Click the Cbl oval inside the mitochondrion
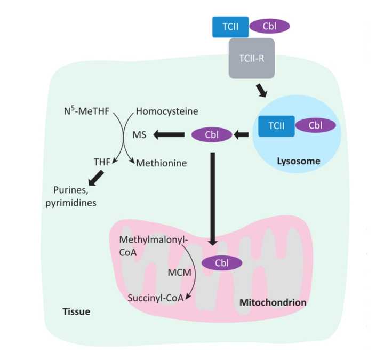click(x=221, y=263)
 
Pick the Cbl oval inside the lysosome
click(x=315, y=126)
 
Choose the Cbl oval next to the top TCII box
click(x=269, y=26)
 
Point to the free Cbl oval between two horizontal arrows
click(x=211, y=135)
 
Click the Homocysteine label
click(x=167, y=111)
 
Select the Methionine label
click(x=161, y=163)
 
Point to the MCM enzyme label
click(x=179, y=273)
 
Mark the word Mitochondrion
click(x=273, y=302)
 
